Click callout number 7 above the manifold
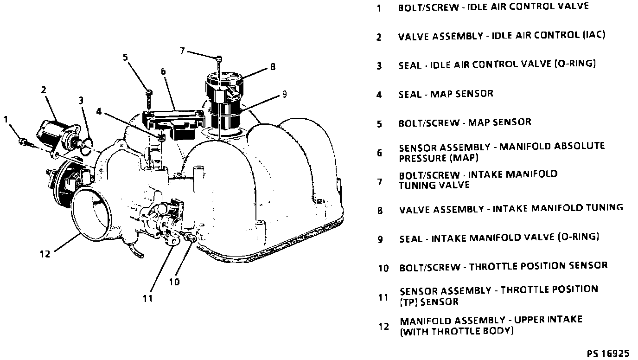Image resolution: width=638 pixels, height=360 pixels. click(x=182, y=51)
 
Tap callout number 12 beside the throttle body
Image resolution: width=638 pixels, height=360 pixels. click(x=45, y=253)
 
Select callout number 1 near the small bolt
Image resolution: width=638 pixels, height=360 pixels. click(x=6, y=120)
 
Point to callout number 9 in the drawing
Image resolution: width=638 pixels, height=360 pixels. click(x=284, y=95)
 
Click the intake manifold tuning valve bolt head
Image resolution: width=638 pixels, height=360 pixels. click(x=219, y=58)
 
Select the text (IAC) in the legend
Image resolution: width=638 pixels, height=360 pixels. click(x=593, y=35)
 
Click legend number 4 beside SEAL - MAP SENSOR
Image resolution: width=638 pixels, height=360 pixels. click(x=379, y=95)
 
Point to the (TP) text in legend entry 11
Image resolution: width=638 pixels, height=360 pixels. click(x=408, y=302)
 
